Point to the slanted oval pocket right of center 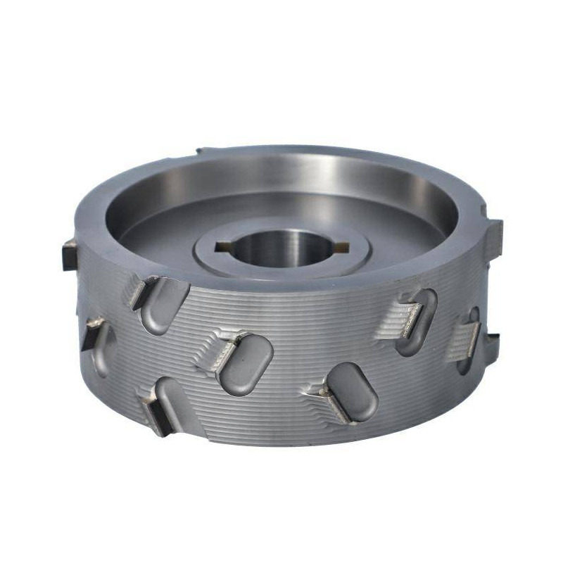tap(353, 392)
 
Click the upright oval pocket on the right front tap(417, 321)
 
